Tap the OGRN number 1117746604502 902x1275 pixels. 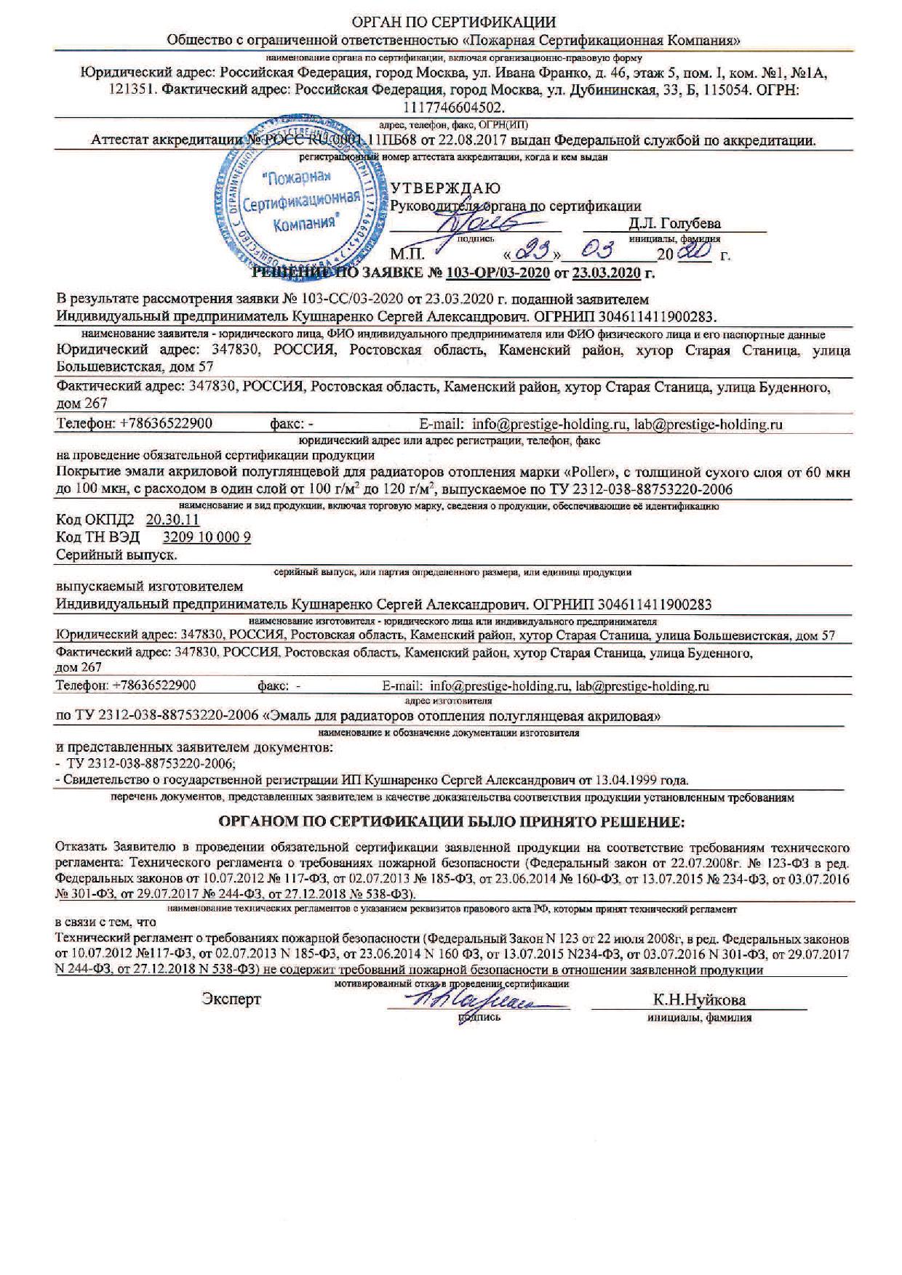[452, 107]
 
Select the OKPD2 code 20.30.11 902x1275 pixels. [172, 520]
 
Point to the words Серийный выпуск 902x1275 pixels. [117, 555]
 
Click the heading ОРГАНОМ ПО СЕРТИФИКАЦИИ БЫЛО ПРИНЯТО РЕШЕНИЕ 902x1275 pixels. [452, 821]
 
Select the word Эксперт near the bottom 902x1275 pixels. [231, 1000]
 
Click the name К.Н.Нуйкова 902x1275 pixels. [699, 1000]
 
